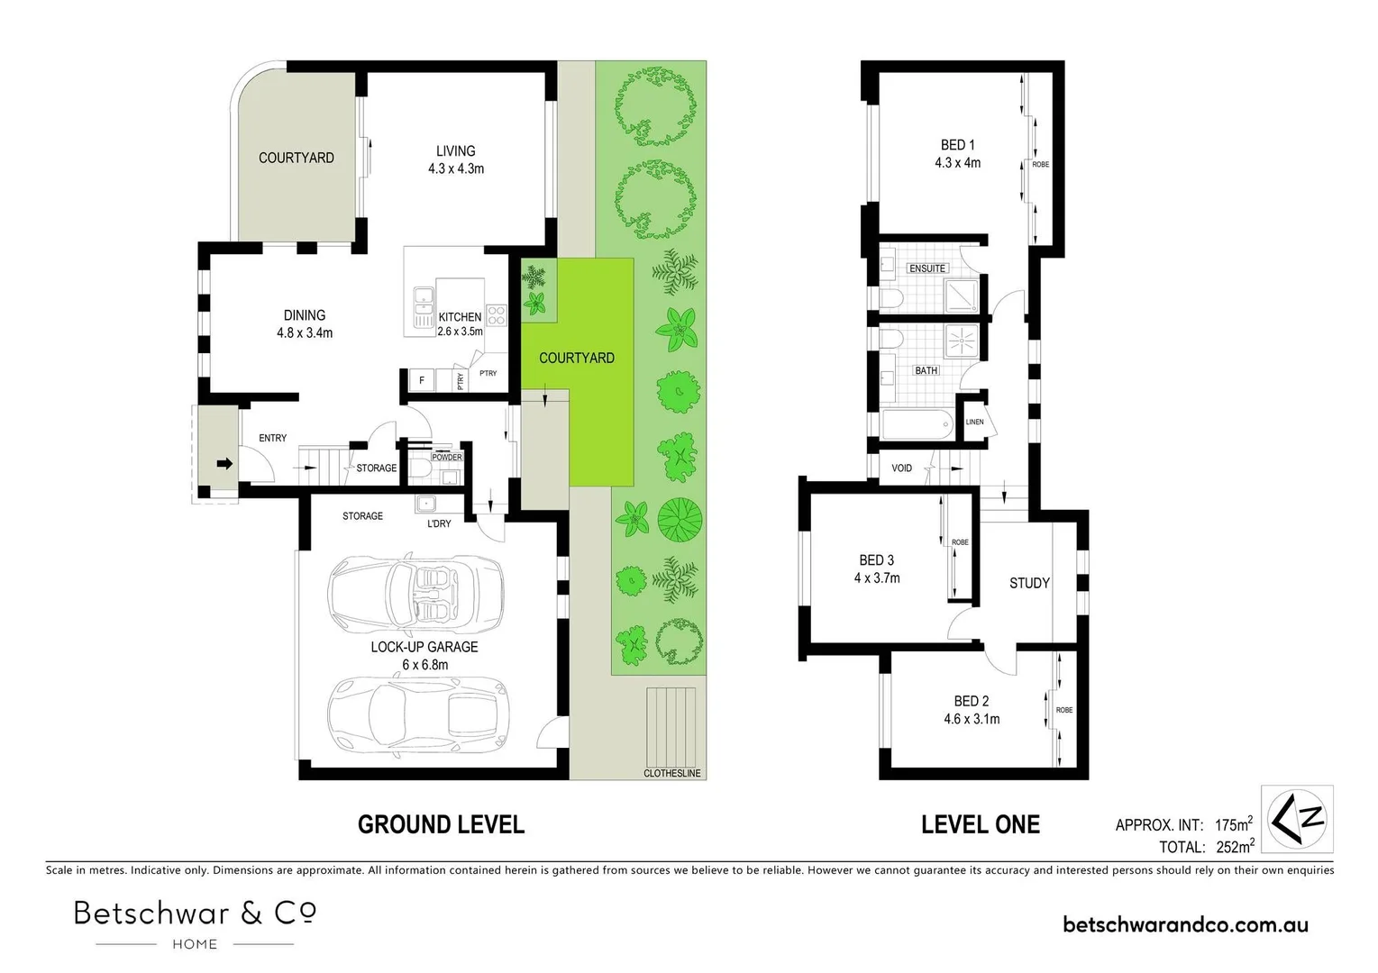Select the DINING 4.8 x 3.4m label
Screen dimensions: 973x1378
pos(305,323)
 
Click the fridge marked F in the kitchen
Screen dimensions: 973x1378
pos(421,381)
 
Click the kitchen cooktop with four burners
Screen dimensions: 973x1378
pos(497,314)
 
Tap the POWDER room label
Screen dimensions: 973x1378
pos(446,457)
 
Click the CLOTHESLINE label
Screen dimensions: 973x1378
pos(671,773)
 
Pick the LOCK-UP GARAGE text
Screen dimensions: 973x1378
pos(424,647)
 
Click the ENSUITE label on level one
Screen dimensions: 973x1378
pos(927,268)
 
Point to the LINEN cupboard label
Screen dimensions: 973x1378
pos(974,422)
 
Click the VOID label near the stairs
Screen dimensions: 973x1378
pos(901,468)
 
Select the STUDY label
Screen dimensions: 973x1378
pos(1029,583)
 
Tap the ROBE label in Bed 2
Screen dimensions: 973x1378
pos(1064,710)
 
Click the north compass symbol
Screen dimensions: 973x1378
pos(1297,819)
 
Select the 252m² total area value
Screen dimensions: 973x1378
pos(1235,847)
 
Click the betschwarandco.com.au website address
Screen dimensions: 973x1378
pos(1185,924)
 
